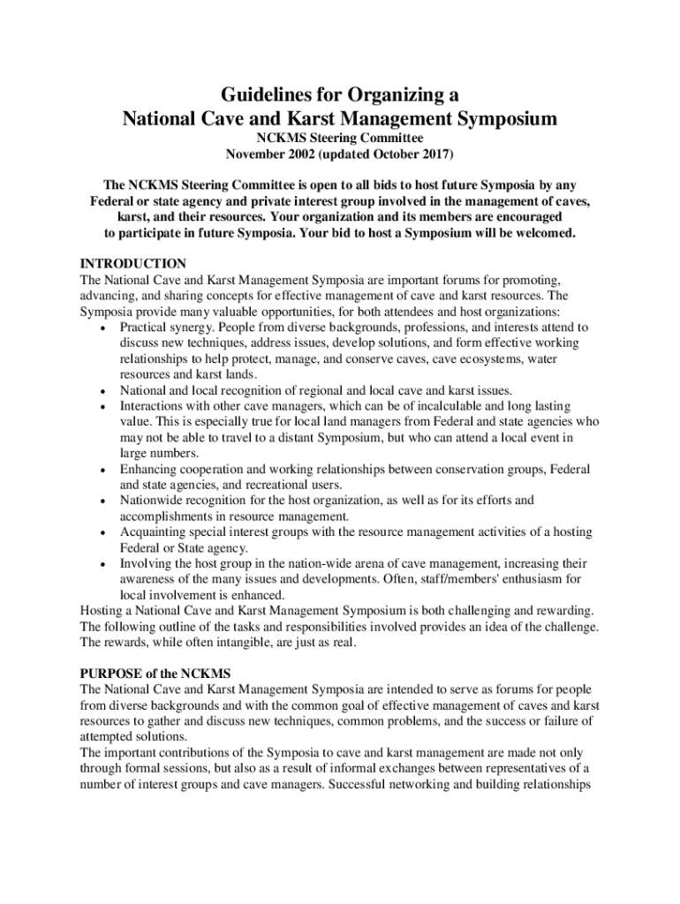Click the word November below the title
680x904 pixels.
click(x=259, y=155)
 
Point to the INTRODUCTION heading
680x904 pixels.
click(x=132, y=264)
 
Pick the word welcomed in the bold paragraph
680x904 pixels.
click(x=546, y=233)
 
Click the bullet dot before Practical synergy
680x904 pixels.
click(x=104, y=328)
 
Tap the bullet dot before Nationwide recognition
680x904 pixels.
click(x=104, y=501)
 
